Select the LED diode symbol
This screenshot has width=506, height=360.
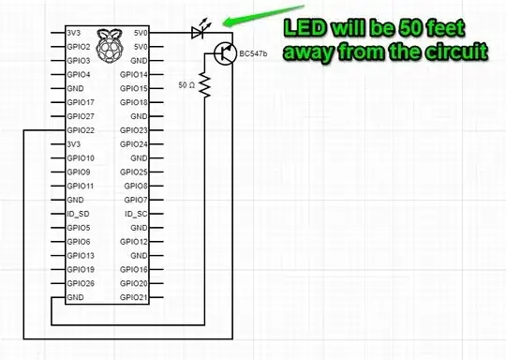coord(196,32)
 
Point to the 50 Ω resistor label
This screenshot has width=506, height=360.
coord(187,85)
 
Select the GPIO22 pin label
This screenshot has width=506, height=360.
coord(80,129)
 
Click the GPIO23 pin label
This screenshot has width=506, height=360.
coord(135,129)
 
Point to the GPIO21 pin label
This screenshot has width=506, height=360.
coord(135,297)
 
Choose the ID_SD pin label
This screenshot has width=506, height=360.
coord(78,213)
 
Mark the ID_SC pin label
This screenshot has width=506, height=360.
coord(137,213)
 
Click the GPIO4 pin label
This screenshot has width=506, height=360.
coord(78,73)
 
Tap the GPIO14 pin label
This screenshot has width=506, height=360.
coord(135,73)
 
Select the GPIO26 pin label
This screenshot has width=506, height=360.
coord(80,283)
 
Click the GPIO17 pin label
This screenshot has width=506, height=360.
coord(80,101)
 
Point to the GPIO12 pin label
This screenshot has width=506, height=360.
coord(135,241)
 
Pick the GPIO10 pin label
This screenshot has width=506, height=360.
coord(80,157)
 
